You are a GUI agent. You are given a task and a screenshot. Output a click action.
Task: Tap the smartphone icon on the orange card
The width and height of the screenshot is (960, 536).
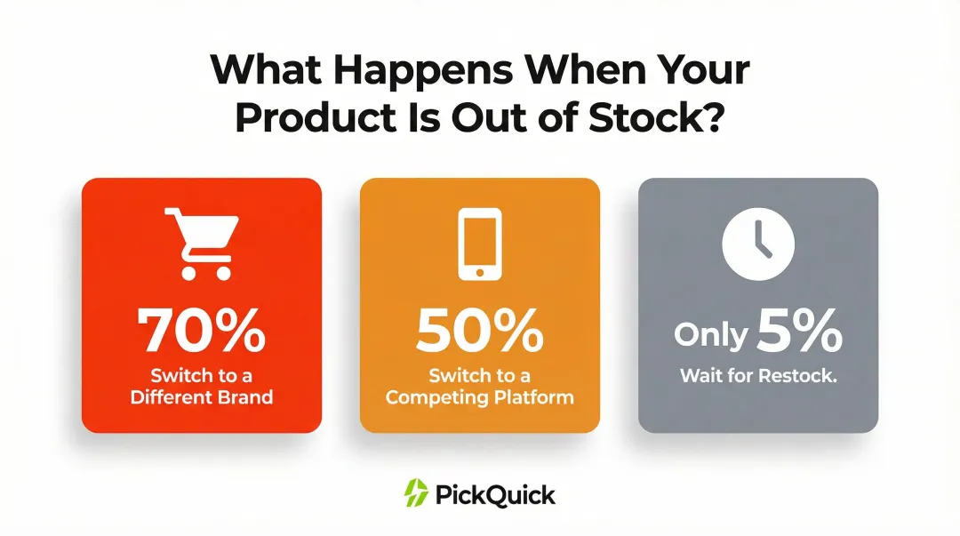[479, 243]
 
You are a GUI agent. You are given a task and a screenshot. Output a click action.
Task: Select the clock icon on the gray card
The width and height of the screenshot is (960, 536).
[757, 244]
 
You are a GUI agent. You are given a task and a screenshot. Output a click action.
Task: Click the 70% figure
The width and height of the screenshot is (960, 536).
[201, 332]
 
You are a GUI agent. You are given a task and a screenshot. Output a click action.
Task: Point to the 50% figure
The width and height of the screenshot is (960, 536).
[479, 332]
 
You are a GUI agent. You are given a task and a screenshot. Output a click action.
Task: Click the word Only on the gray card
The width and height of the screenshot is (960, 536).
[710, 335]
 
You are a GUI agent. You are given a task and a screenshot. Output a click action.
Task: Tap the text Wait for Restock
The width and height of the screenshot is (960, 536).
[758, 375]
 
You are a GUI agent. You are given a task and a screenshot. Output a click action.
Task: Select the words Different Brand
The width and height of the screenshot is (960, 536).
[201, 396]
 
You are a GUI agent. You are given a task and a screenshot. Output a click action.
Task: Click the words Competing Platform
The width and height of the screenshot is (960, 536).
[479, 396]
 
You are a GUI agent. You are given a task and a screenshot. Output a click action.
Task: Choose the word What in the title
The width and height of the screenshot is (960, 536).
[263, 70]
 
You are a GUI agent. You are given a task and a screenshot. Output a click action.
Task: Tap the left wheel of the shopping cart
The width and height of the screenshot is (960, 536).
[188, 272]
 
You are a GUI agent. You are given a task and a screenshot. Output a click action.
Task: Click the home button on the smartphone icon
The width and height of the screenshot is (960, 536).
[479, 271]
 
